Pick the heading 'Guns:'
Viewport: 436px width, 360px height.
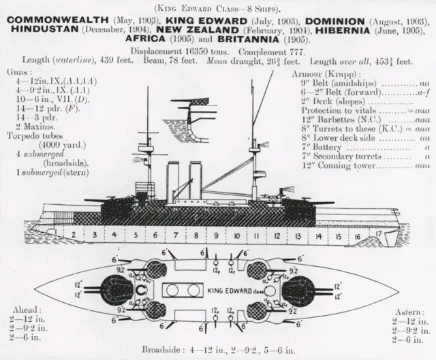[16, 71]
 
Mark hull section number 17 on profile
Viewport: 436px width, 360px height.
[378, 233]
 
